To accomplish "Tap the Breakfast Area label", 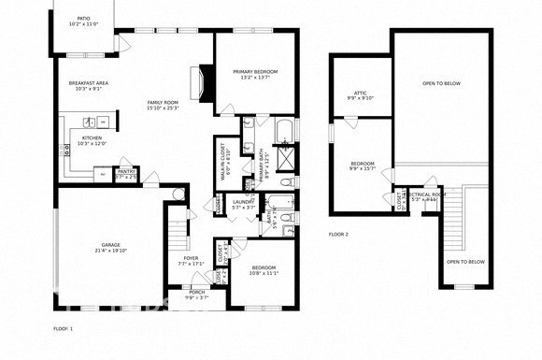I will tap(89, 86).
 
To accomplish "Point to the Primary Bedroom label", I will tap(254, 75).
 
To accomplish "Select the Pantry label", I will tap(125, 174).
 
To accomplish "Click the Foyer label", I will tap(190, 262).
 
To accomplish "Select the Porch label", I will tap(197, 295).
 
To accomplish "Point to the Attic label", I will tap(360, 94).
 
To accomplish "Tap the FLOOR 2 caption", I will tap(338, 234).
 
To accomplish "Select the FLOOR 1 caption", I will tap(63, 328).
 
